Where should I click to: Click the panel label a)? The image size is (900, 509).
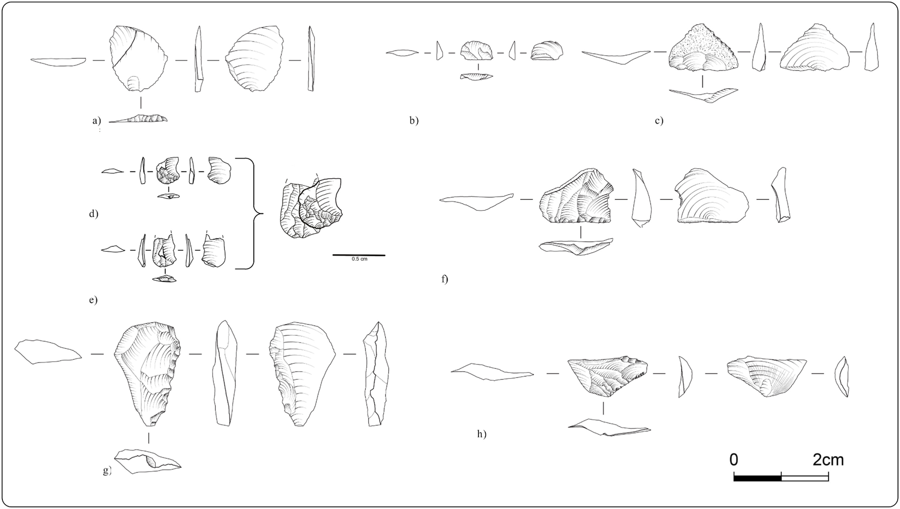tap(96, 121)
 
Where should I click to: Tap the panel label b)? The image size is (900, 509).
tap(414, 121)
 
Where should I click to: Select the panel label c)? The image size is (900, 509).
tap(659, 121)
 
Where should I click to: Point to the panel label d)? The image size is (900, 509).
tap(94, 214)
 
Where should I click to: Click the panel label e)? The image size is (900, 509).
tap(93, 300)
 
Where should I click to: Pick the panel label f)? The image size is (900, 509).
tap(445, 279)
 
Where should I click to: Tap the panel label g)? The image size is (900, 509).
tap(107, 471)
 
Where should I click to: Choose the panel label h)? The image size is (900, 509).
tap(482, 434)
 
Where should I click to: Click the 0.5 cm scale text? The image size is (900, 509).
tap(359, 259)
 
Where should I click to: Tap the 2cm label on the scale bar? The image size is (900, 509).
tap(828, 460)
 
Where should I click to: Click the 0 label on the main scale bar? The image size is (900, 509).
tap(734, 460)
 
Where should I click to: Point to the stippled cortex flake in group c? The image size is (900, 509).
tap(703, 48)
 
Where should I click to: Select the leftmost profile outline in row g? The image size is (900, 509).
tap(48, 352)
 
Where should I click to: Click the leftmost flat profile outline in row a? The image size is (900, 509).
tap(58, 61)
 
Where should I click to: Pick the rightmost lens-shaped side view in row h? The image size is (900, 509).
tap(842, 377)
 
